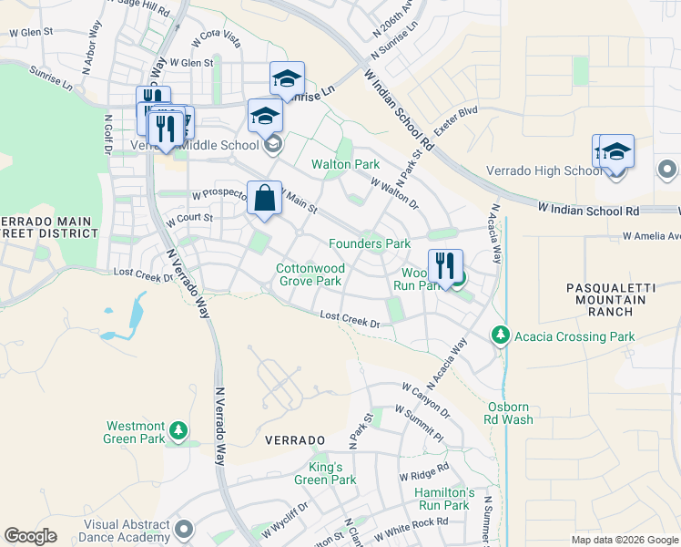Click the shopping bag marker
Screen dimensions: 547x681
[x=264, y=199]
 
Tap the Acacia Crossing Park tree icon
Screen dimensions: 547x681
[x=500, y=336]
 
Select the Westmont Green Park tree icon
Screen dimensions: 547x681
[x=180, y=430]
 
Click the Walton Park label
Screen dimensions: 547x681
[x=345, y=164]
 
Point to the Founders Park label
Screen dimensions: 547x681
[x=370, y=243]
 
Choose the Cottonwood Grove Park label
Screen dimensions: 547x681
[x=310, y=275]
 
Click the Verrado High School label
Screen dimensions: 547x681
[x=544, y=170]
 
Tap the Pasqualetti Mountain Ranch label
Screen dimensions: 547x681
[x=610, y=299]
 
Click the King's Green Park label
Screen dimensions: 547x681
[x=325, y=473]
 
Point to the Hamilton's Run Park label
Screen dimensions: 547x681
[x=442, y=498]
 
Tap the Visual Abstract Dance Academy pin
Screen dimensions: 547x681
[x=185, y=530]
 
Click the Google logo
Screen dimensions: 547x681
[x=30, y=536]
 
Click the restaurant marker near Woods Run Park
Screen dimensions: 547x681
[x=445, y=266]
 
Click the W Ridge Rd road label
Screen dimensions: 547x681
[x=424, y=473]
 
